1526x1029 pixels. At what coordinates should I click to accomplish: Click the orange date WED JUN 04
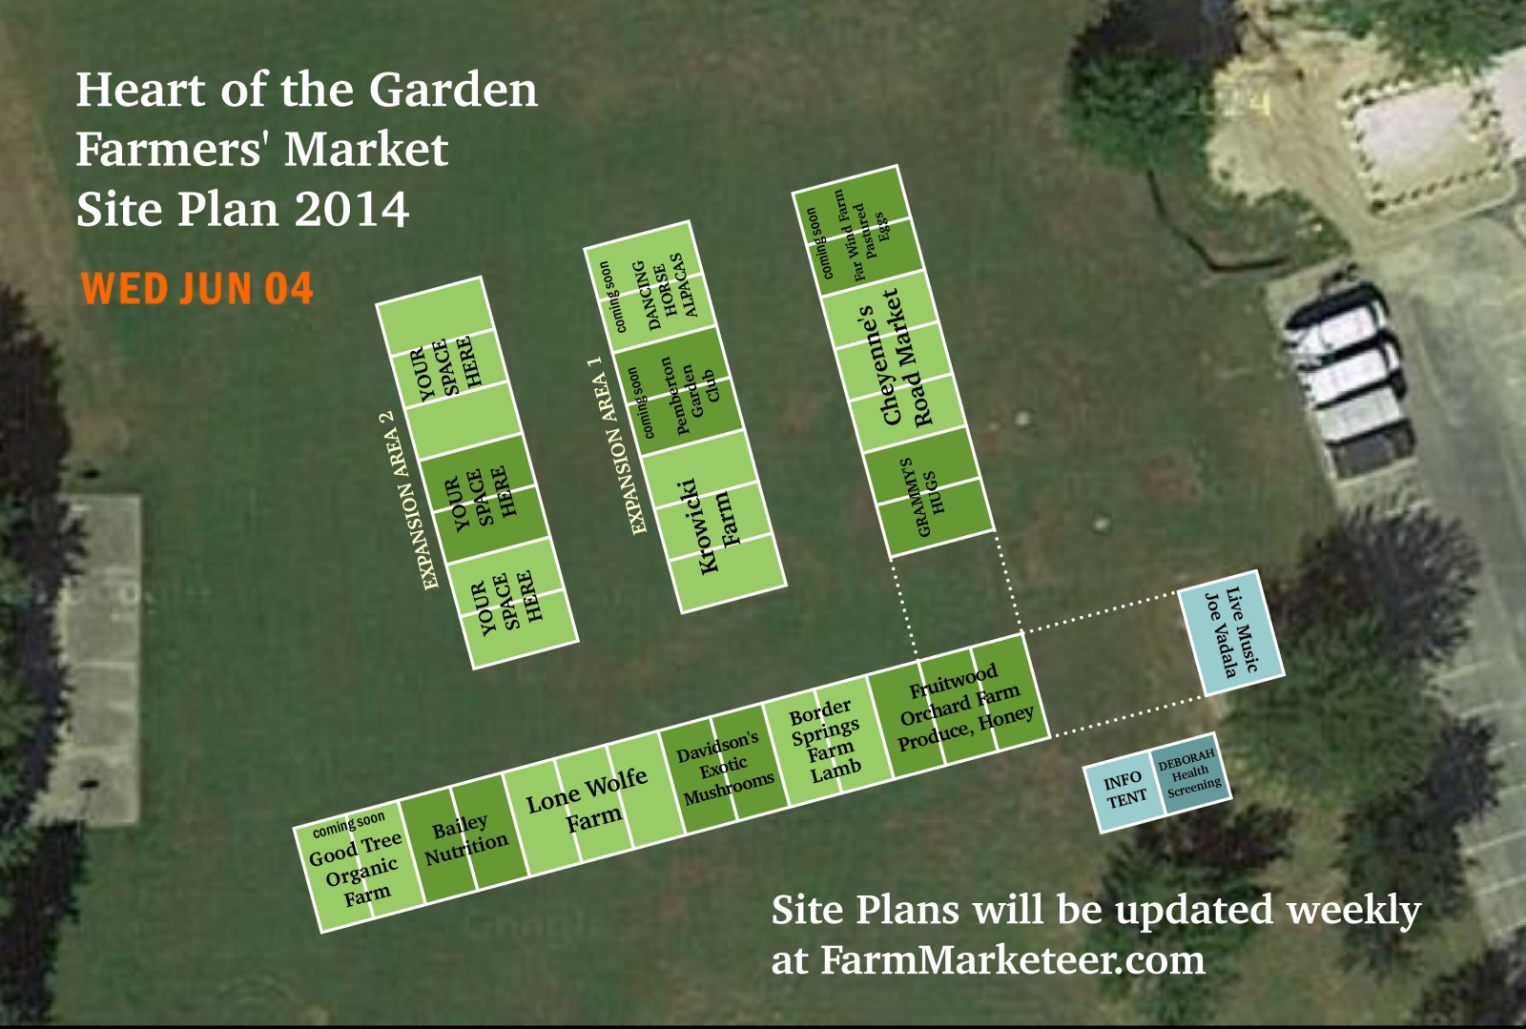click(197, 288)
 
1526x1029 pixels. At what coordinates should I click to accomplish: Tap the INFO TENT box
click(1124, 791)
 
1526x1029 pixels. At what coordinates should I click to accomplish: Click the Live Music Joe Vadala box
click(1231, 632)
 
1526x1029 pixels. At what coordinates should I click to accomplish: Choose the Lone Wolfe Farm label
click(587, 800)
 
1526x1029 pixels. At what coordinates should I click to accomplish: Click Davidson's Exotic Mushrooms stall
click(723, 769)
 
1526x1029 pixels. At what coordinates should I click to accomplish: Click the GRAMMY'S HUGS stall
click(929, 495)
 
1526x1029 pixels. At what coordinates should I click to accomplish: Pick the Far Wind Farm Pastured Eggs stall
click(857, 232)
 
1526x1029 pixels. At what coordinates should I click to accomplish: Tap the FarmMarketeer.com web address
click(1012, 959)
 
